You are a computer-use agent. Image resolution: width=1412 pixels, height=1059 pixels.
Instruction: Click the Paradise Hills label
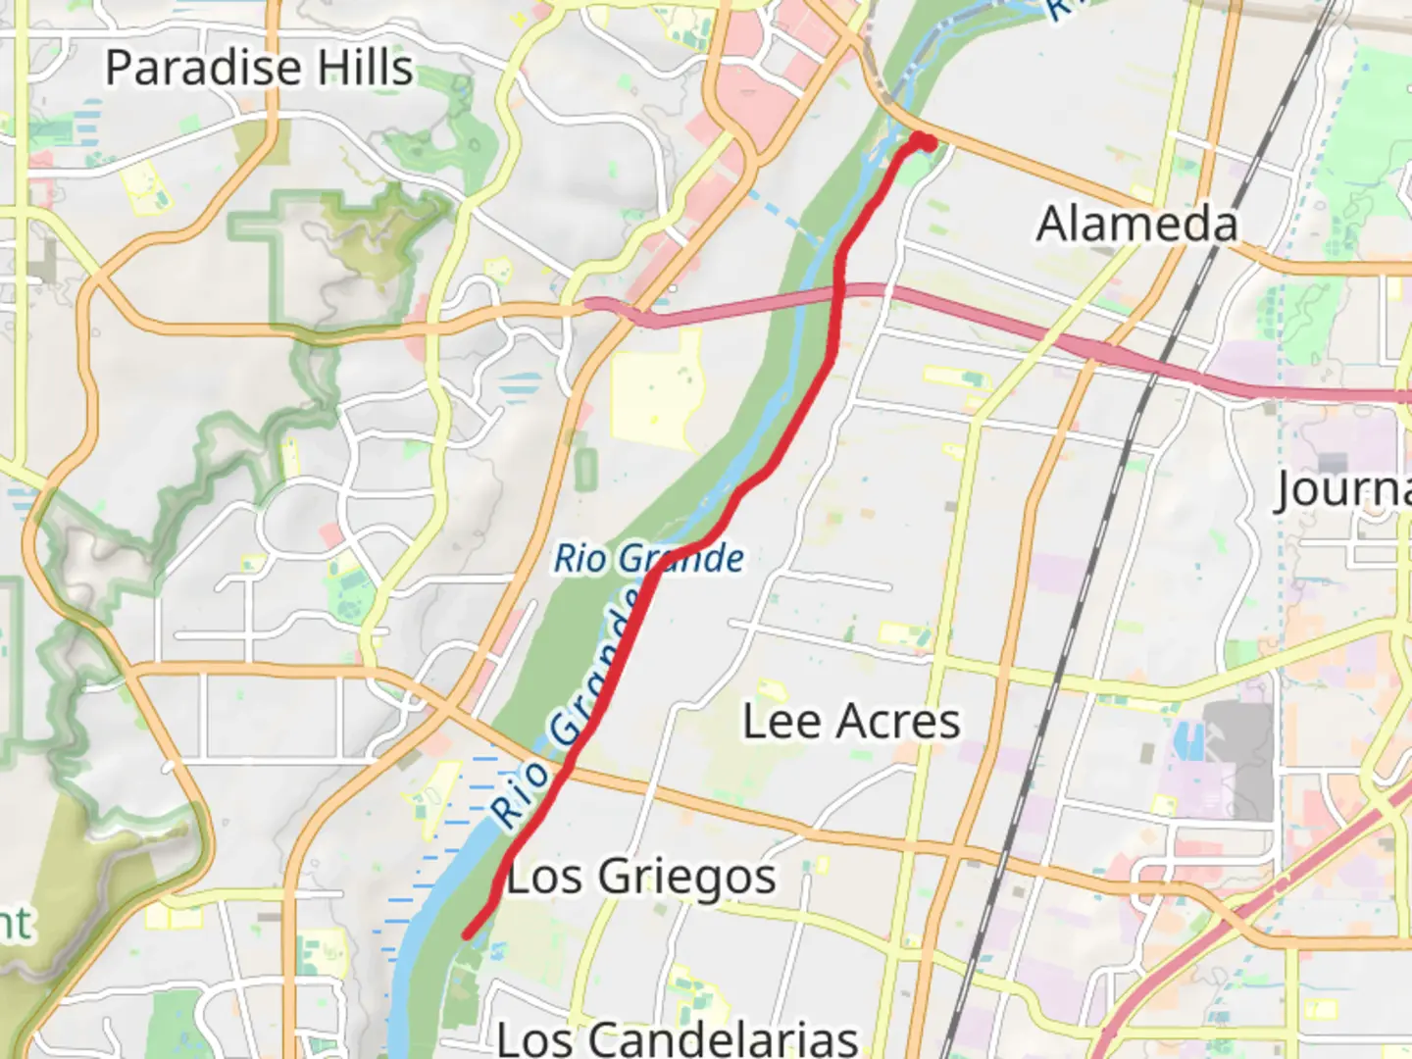coord(259,68)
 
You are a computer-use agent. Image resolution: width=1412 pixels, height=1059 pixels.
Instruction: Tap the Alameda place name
coord(1137,224)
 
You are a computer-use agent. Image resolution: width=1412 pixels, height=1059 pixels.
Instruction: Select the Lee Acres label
coord(851,722)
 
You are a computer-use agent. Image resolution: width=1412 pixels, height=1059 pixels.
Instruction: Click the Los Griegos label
coord(641,877)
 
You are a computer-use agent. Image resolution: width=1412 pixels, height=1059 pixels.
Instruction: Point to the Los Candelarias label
coord(678,1038)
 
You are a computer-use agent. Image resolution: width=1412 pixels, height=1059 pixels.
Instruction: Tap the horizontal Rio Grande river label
coord(649,559)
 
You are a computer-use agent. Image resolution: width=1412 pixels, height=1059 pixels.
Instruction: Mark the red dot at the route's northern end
coord(925,143)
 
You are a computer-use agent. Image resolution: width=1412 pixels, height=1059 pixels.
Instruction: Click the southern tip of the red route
coord(467,935)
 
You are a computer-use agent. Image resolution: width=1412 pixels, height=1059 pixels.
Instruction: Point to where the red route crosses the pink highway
coord(839,291)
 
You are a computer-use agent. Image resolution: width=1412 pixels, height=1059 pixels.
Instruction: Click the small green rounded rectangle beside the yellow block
coord(585,470)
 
